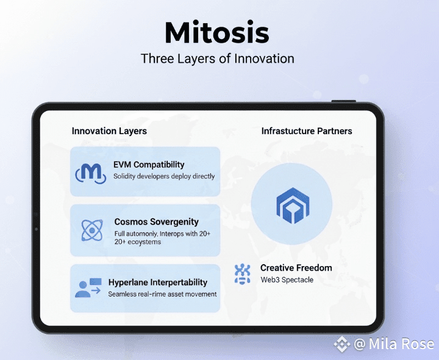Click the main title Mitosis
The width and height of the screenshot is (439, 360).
tap(217, 32)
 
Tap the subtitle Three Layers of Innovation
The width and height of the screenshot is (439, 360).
tap(218, 59)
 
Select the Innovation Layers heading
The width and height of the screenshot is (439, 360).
tap(109, 131)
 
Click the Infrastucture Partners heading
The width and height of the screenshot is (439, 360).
tap(307, 131)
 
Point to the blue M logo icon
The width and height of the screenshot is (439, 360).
tap(91, 173)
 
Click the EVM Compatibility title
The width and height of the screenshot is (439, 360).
tap(149, 165)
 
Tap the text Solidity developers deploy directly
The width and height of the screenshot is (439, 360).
tap(164, 176)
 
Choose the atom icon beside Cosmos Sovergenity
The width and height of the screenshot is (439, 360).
tap(92, 230)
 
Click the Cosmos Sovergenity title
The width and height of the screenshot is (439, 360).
tap(157, 222)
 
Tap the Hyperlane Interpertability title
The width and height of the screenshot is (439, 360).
tap(158, 283)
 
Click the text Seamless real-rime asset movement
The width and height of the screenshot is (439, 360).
tap(162, 294)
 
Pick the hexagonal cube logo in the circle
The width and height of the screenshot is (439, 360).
tap(293, 206)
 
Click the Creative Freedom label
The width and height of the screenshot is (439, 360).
tap(296, 268)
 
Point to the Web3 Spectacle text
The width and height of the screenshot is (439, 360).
tap(287, 279)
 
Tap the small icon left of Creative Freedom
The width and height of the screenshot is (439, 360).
tap(242, 274)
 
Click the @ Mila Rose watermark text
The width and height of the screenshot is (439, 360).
tap(394, 344)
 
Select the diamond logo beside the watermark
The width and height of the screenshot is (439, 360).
tap(342, 344)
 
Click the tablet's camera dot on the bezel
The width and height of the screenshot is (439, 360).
tap(37, 229)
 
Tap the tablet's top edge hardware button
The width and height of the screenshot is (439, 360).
tap(344, 101)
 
